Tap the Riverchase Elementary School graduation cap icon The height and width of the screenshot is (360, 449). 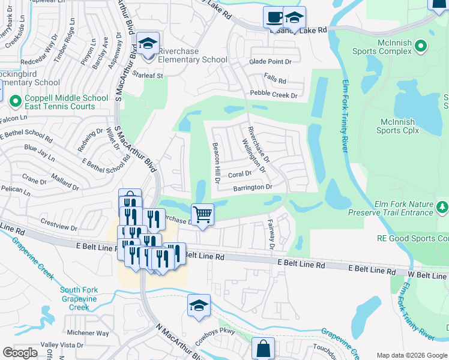pos(148,44)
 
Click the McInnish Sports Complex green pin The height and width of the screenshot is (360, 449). pos(421,46)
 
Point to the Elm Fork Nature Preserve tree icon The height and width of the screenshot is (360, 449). pos(442,207)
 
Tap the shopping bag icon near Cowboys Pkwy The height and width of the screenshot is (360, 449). pos(263,348)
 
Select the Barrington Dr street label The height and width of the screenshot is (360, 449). pos(253,187)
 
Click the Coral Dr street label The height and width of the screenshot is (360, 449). pos(240,175)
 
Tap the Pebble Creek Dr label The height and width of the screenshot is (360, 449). pos(274,95)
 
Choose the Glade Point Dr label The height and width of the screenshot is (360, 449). pos(270,62)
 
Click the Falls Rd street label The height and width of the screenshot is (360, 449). pos(275,80)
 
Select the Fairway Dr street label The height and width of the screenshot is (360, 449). pos(271,234)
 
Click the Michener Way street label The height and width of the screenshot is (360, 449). pos(88,333)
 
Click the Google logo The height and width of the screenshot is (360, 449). pos(20,352)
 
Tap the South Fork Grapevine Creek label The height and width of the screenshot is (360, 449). pos(79,299)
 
